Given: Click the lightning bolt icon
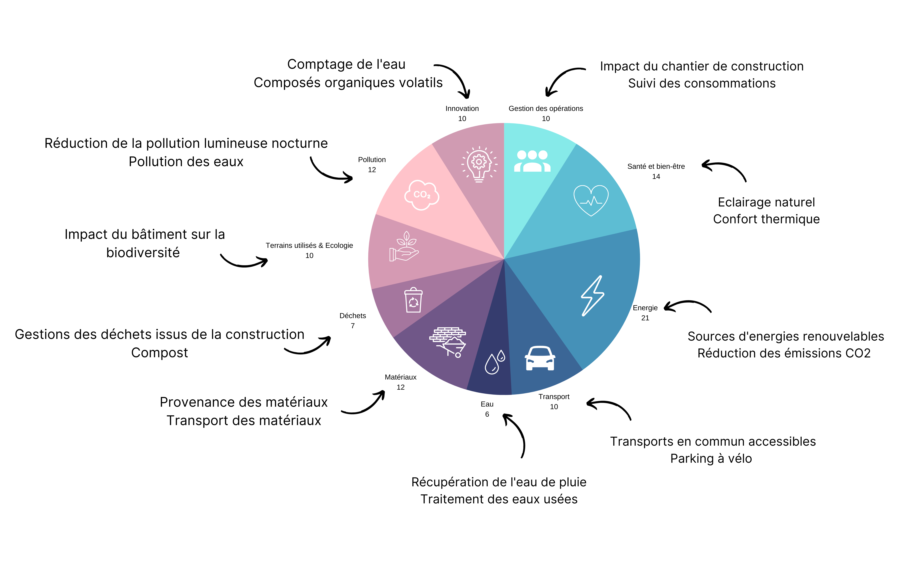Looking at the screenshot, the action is [593, 296].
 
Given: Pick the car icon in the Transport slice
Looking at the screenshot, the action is [540, 358].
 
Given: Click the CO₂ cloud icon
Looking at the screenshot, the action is [422, 195].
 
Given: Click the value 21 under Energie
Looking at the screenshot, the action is [645, 318].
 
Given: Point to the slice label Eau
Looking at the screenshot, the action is [487, 404].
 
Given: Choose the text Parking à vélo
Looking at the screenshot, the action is [711, 459].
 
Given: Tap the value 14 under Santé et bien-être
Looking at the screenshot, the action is [656, 176].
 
